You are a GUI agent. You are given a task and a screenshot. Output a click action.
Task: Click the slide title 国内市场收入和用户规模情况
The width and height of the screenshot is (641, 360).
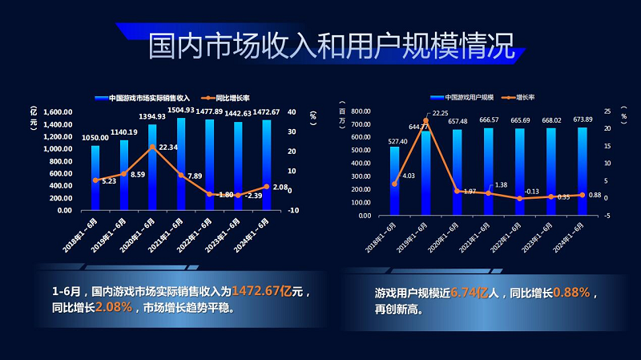tap(330, 46)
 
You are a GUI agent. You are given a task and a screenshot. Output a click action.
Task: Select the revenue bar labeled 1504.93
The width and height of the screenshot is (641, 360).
tap(181, 164)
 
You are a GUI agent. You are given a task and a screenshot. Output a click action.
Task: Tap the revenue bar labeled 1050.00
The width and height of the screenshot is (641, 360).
tap(95, 178)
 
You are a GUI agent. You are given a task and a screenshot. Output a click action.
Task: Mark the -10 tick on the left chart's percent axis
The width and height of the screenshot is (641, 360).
tap(294, 210)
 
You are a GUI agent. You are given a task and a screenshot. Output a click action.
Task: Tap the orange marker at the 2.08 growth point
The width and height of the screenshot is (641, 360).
tap(266, 187)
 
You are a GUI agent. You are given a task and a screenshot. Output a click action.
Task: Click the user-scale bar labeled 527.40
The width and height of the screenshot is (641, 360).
tap(394, 181)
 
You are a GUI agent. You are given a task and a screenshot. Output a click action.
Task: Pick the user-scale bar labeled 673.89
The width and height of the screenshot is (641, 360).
tap(582, 172)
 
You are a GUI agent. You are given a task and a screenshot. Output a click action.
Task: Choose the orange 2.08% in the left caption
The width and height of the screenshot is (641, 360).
tap(114, 307)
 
